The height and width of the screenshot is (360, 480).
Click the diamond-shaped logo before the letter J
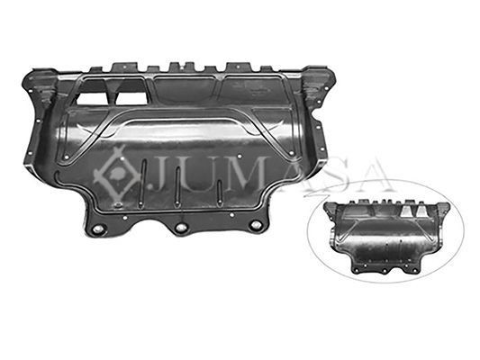tap(116, 175)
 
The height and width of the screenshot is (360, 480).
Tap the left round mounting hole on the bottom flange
tap(99, 229)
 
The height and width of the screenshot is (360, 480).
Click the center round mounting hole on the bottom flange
tap(181, 228)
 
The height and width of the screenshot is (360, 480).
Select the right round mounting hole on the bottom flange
tap(256, 226)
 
